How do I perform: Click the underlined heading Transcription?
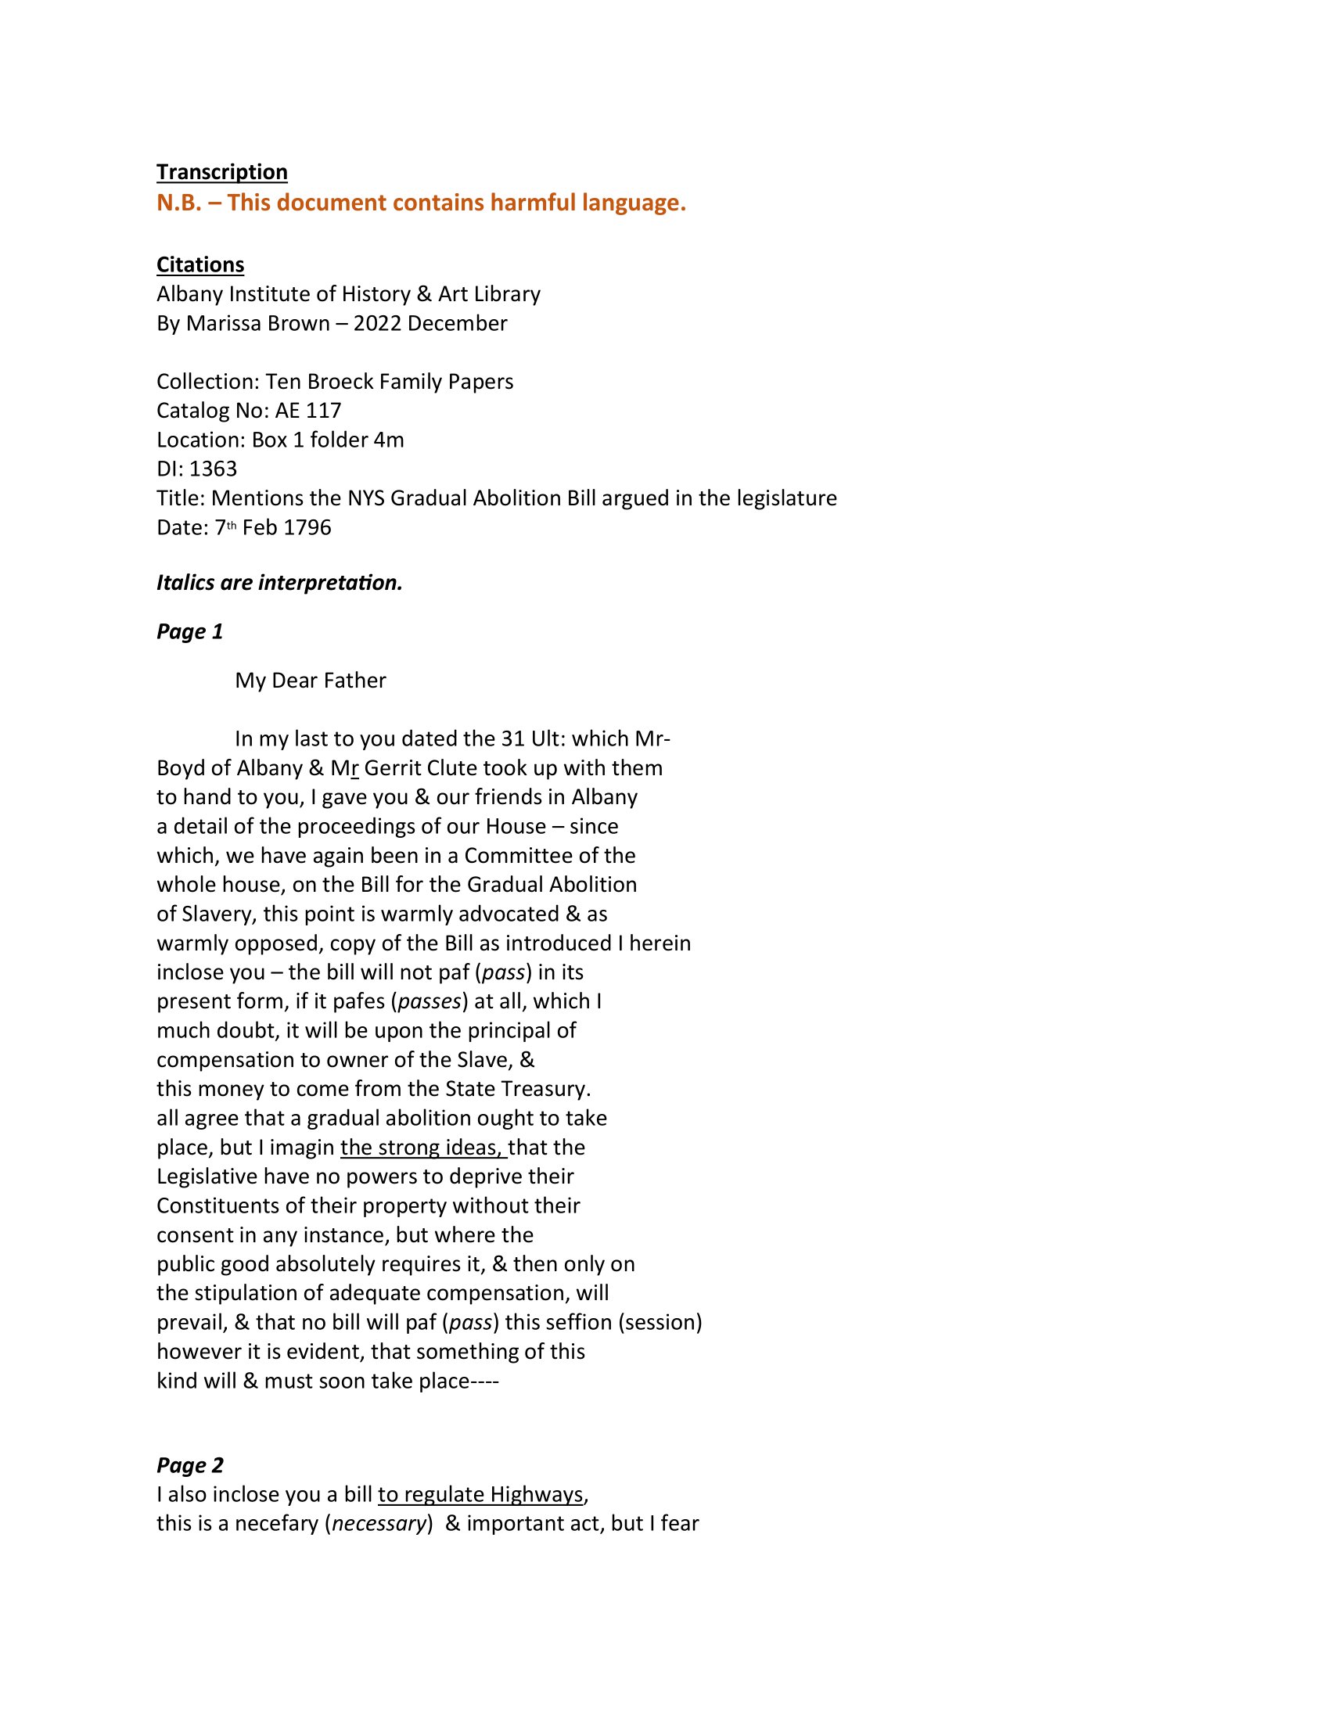tap(221, 172)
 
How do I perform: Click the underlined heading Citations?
tap(200, 264)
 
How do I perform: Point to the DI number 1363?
tap(213, 469)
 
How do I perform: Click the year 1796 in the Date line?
tap(307, 527)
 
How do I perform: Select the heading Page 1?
tap(189, 631)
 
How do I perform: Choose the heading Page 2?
tap(189, 1465)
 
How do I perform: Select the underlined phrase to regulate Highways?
tap(480, 1494)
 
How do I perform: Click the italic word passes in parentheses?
tap(429, 1001)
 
